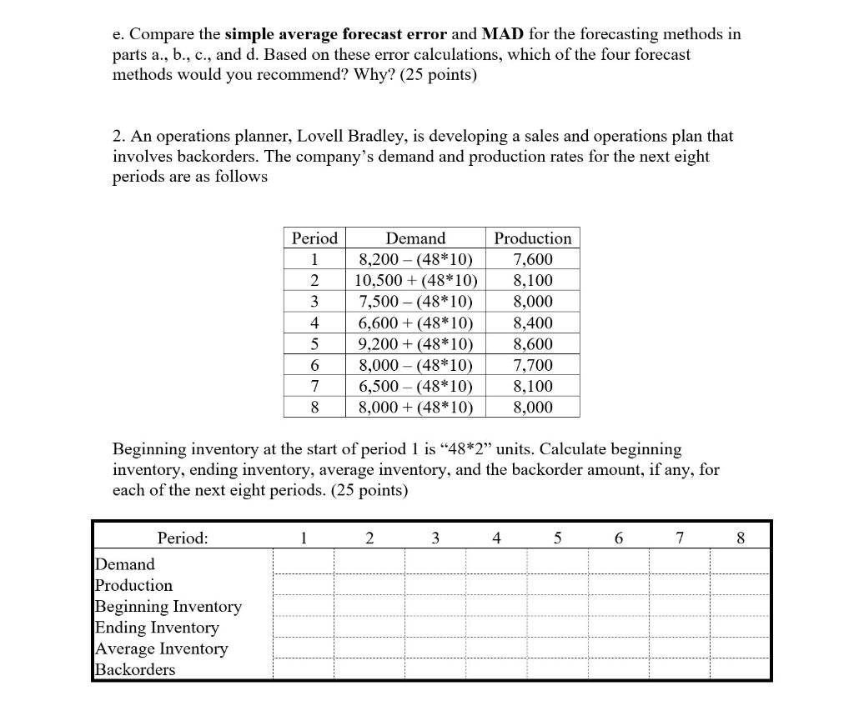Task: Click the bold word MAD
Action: (501, 34)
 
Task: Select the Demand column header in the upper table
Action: (415, 238)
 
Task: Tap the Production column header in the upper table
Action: (533, 238)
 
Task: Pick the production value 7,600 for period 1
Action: (533, 259)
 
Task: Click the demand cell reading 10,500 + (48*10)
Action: (415, 280)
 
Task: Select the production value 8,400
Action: (533, 323)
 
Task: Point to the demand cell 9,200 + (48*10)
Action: (415, 343)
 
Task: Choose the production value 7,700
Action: (533, 365)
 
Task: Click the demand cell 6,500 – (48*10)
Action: (415, 386)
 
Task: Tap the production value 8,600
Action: (533, 343)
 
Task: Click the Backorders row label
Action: (135, 669)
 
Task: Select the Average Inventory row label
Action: (161, 648)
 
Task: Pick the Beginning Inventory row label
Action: (168, 606)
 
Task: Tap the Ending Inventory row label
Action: (157, 628)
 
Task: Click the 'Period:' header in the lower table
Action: (182, 538)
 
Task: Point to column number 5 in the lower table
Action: (557, 538)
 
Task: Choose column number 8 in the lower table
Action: (741, 538)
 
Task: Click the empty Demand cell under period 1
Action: (304, 563)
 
